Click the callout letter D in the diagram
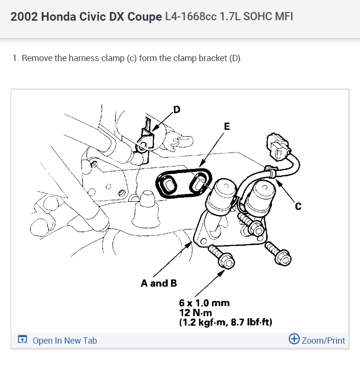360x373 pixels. [176, 110]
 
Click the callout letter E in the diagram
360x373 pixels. [227, 127]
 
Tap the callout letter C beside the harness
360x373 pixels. [298, 206]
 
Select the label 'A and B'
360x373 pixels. [155, 283]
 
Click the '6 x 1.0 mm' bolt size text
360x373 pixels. [204, 303]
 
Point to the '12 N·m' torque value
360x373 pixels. [193, 312]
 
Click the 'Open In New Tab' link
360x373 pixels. [65, 341]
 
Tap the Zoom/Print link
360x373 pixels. [323, 341]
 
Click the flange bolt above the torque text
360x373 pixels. [222, 257]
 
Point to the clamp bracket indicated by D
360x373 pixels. [146, 140]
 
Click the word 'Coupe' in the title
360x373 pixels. [144, 17]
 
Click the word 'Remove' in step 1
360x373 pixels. [36, 59]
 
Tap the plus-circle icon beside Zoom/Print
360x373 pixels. [294, 339]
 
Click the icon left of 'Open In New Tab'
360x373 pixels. [22, 340]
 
